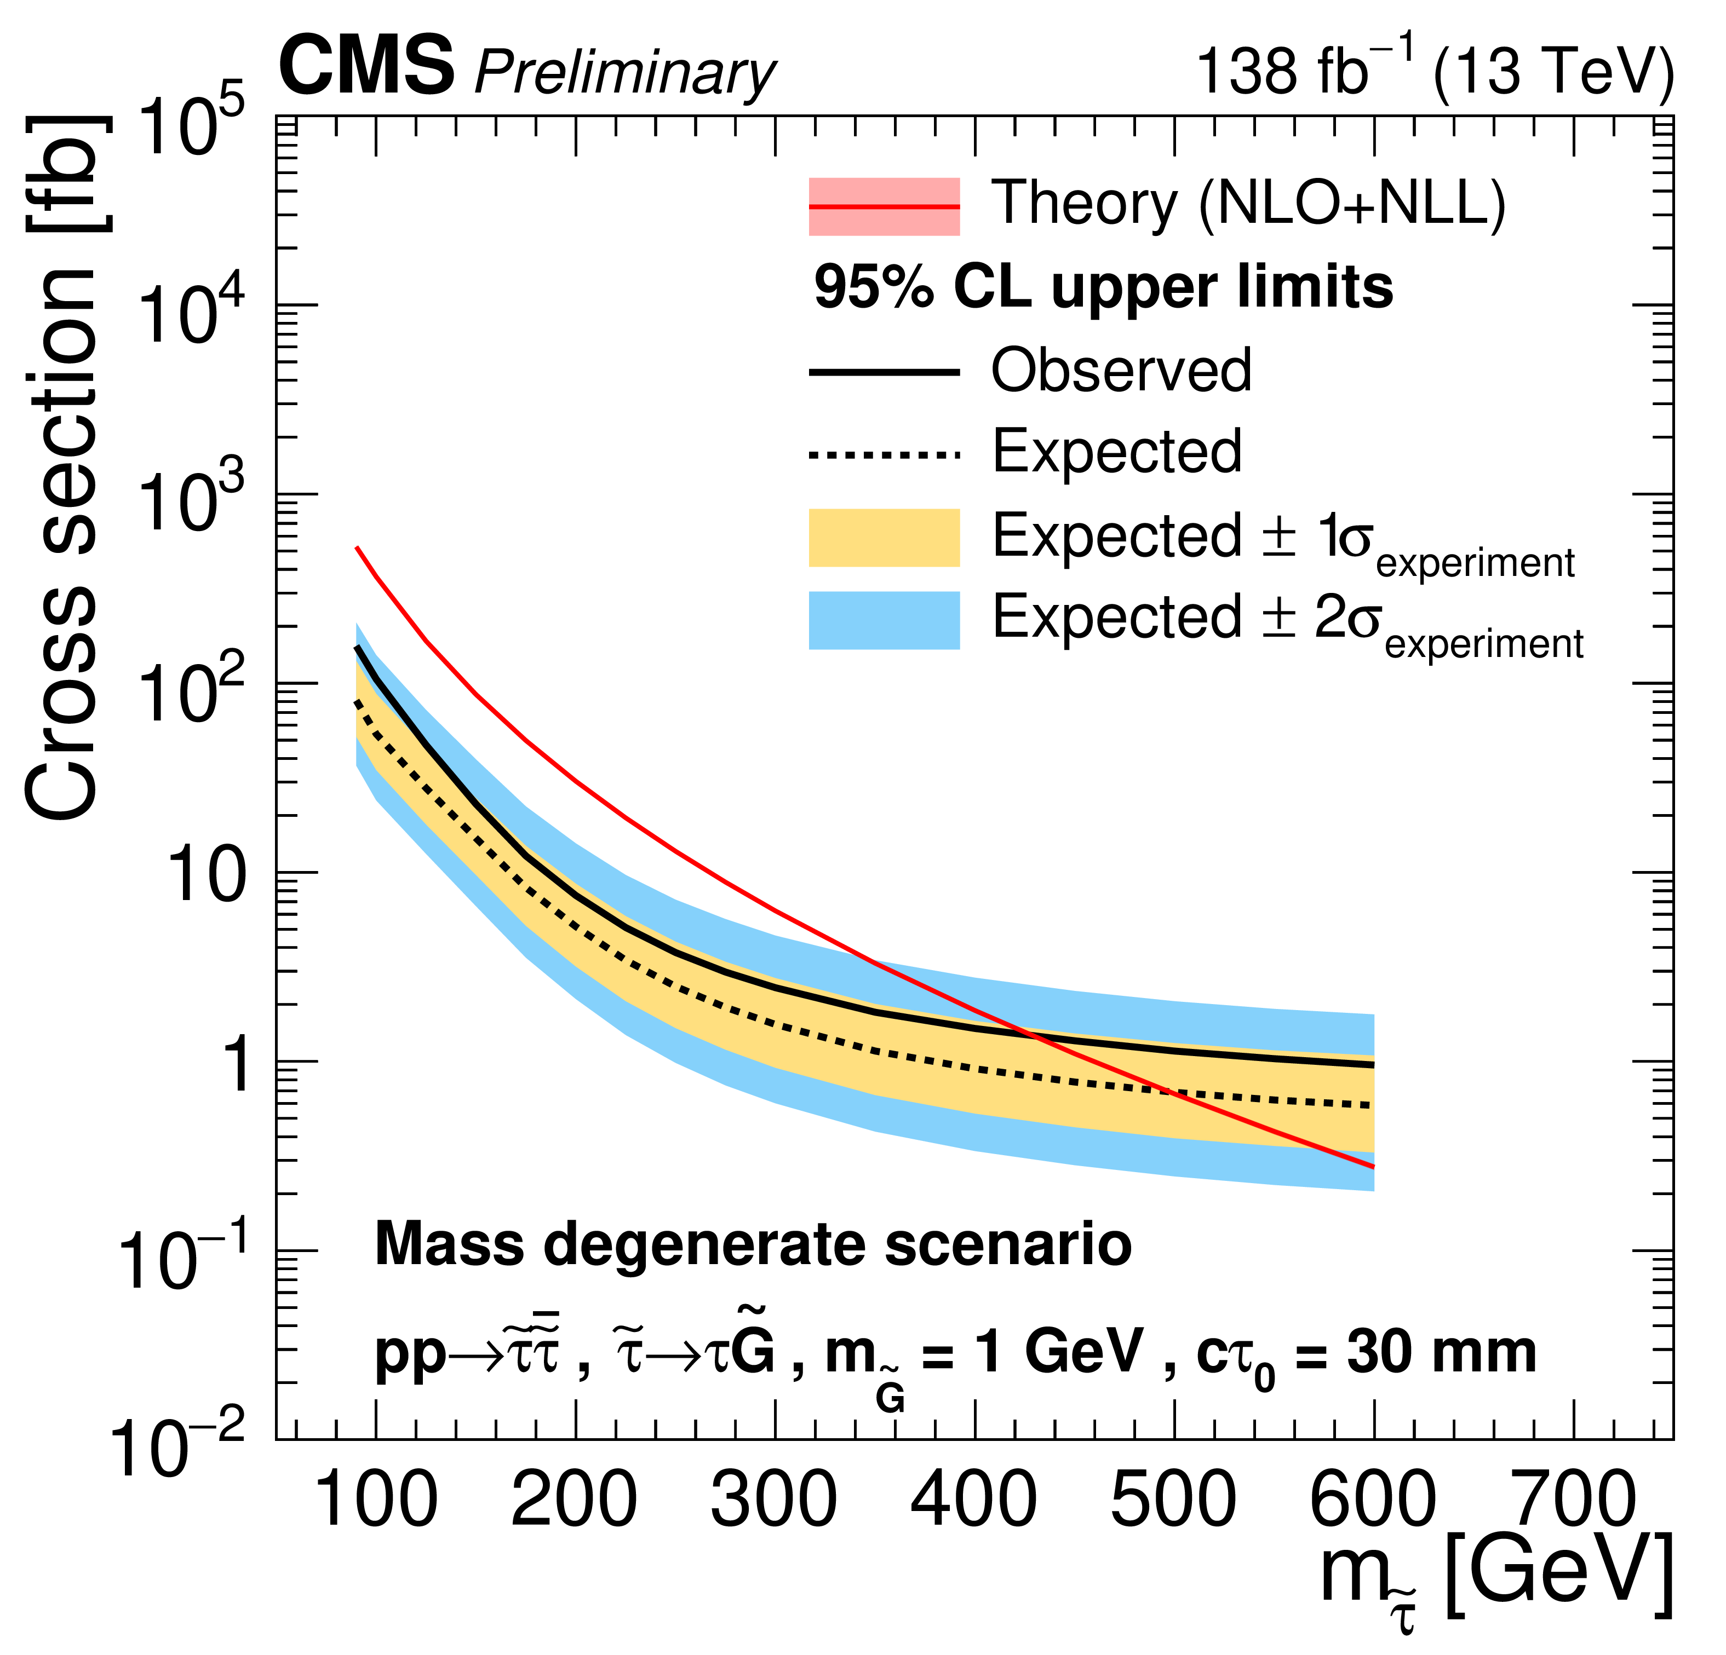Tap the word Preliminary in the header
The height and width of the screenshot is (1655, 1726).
click(625, 72)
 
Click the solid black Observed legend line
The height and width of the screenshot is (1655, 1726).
click(884, 372)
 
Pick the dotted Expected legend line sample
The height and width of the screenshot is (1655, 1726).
click(884, 455)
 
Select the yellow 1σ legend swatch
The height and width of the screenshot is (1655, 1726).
click(884, 537)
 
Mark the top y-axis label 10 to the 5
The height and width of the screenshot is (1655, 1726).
click(190, 128)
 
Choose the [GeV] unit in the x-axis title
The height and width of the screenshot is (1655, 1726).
click(1559, 1576)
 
